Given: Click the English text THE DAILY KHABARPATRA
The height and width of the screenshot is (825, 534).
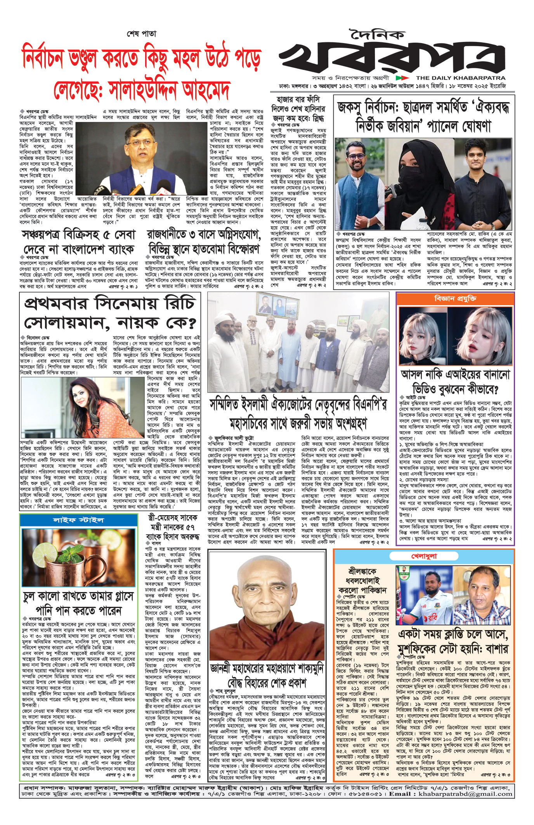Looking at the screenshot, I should pos(461,78).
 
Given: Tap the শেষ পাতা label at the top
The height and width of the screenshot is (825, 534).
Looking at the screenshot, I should pos(142,34).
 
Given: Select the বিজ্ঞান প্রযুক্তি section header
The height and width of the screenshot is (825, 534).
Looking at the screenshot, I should pos(455,299).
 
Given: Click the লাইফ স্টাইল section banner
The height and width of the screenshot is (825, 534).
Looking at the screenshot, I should pos(78,520).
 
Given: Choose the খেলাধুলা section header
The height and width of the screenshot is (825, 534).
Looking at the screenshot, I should pos(424,556).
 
